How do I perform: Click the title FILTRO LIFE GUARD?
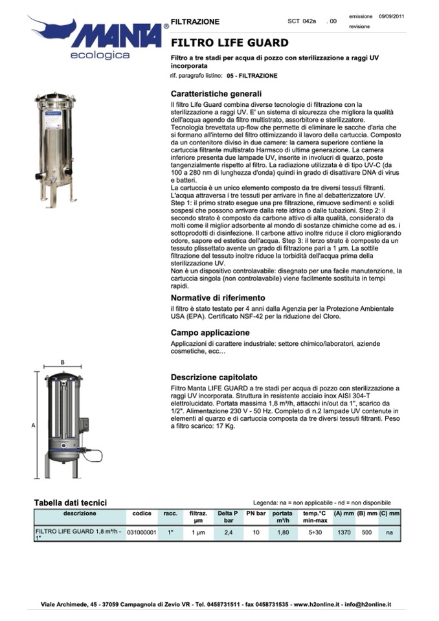[229, 43]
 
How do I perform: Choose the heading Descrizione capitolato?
[214, 377]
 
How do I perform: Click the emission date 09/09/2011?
[392, 16]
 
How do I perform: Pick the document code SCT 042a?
[302, 21]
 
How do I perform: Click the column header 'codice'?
[141, 513]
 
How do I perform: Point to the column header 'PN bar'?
[256, 513]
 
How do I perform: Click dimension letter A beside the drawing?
[33, 425]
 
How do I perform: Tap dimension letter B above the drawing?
[62, 362]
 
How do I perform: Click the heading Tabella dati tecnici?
[70, 502]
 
